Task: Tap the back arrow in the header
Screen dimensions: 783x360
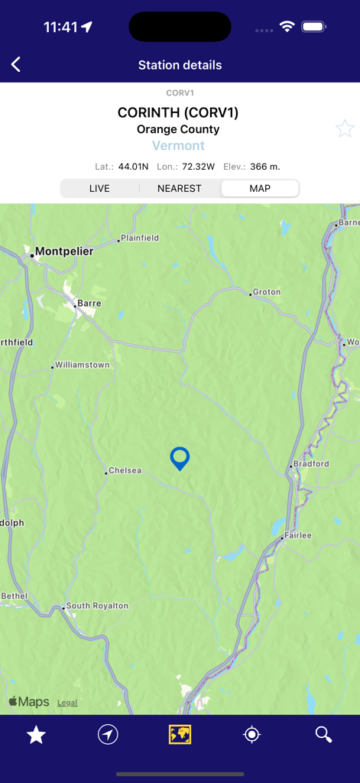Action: coord(16,65)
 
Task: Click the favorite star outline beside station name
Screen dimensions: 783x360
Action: coord(345,128)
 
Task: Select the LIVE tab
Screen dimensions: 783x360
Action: coord(99,188)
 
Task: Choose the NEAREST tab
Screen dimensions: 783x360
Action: coord(180,188)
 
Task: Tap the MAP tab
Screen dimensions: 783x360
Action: coord(260,188)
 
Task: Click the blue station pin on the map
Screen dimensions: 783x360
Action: coord(180,458)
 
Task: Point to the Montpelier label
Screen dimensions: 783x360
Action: coord(64,252)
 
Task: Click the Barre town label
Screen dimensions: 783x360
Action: coord(89,304)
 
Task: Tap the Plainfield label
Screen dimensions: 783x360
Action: coord(140,239)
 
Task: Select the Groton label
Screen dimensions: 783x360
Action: coord(267,292)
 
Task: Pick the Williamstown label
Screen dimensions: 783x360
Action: coord(83,366)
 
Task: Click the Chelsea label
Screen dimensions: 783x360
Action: coord(125,471)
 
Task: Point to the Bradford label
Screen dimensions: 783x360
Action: coord(311,464)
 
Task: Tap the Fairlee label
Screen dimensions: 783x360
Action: coord(298,536)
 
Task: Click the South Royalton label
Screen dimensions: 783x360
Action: coord(97,606)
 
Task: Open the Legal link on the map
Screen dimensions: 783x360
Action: coord(67,703)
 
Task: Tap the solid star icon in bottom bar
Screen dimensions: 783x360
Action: coord(36,735)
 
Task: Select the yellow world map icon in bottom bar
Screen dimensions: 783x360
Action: coord(180,735)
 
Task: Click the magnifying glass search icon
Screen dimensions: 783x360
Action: coord(323,735)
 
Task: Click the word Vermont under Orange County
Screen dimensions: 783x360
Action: coord(179,146)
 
